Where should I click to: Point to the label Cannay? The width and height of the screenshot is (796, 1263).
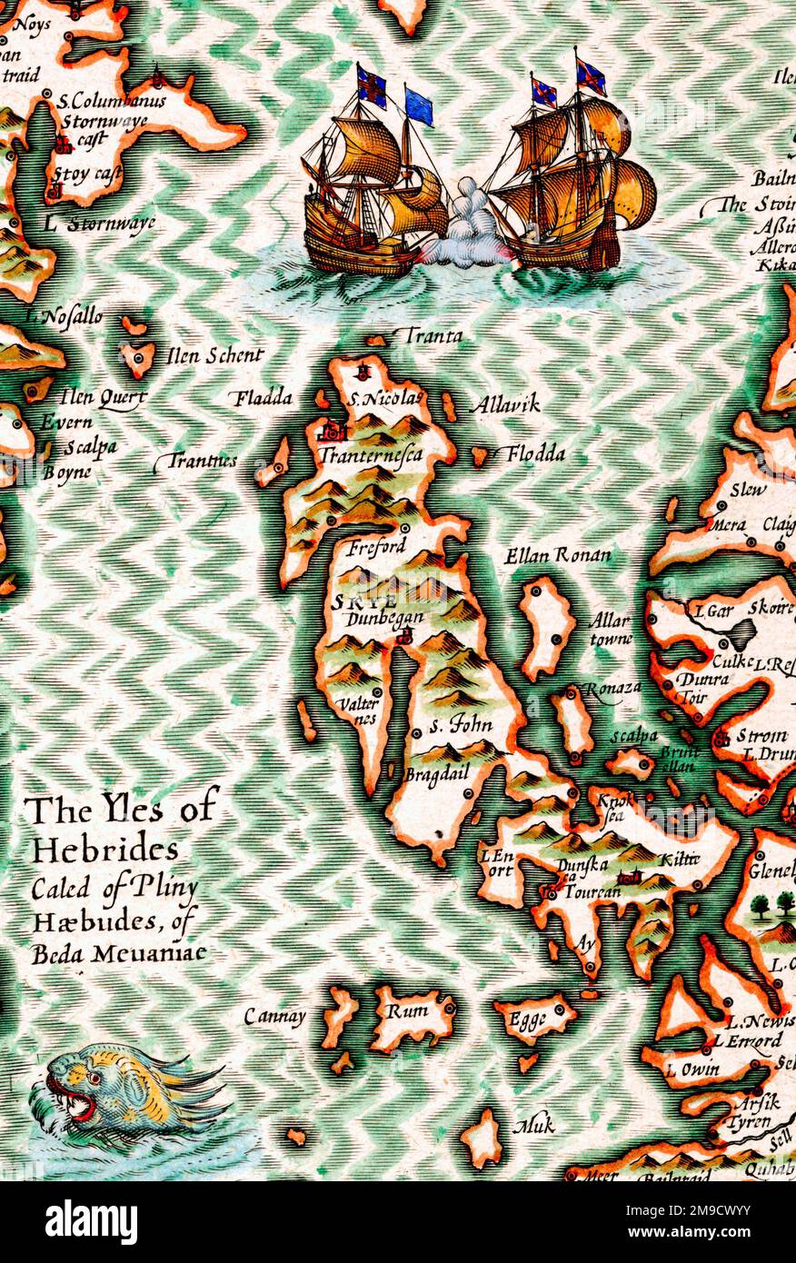[274, 1017]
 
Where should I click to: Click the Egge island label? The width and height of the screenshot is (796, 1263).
[528, 1019]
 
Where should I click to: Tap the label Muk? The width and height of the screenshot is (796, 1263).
[533, 1126]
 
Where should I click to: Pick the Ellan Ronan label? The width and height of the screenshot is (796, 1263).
[558, 554]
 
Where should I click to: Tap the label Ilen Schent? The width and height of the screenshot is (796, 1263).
[215, 356]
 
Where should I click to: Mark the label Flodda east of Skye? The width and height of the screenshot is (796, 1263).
[535, 453]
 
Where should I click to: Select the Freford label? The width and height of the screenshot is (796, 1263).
[375, 548]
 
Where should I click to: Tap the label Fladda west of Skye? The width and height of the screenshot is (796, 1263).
[263, 397]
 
